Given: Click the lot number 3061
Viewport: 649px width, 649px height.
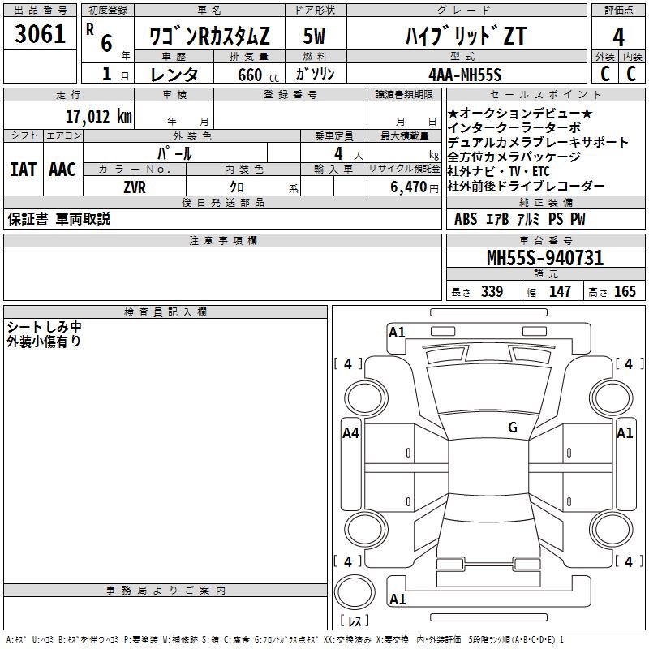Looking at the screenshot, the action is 40,33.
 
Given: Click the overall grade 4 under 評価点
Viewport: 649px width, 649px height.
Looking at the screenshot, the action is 618,37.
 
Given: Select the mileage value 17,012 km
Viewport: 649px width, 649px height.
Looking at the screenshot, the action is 98,116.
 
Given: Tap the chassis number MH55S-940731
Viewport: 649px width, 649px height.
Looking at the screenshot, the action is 545,257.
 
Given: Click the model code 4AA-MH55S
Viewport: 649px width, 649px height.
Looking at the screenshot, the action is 465,75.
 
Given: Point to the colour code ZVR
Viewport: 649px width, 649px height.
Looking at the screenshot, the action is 135,187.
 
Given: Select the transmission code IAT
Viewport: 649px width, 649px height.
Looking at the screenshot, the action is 24,170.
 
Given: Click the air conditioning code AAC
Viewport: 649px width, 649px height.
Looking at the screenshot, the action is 62,170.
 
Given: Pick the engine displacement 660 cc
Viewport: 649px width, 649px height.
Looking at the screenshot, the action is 258,75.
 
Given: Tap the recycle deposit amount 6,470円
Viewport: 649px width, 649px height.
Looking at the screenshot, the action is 415,187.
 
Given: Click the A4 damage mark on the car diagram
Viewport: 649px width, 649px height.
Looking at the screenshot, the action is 350,433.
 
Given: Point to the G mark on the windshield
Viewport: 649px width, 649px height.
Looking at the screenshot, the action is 513,427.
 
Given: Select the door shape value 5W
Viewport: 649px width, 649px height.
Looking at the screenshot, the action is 314,36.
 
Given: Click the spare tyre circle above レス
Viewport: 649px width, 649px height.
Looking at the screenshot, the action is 355,592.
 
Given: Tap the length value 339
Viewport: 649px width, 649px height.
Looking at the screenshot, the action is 492,291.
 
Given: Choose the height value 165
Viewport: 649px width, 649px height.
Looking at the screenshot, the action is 625,291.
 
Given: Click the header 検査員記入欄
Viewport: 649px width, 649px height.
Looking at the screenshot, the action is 165,312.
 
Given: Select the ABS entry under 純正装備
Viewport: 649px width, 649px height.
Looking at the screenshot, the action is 466,219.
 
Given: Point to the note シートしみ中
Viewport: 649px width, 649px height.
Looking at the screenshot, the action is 44,327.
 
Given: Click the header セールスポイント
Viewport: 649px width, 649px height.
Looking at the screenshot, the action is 545,95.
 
